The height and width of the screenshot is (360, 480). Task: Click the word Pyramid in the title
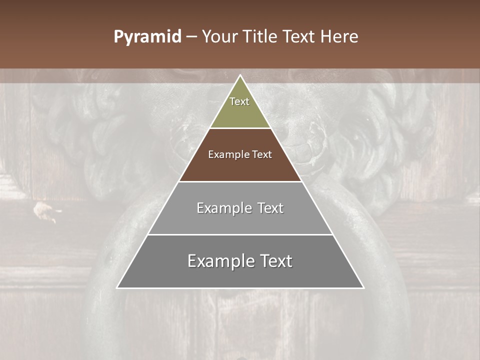click(147, 37)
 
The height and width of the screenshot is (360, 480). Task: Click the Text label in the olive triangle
click(239, 101)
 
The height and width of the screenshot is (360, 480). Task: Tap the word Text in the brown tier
click(262, 154)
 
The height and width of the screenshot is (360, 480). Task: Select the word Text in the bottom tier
click(274, 261)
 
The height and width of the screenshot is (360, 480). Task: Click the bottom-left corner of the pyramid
click(117, 287)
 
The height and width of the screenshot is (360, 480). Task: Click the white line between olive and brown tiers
click(240, 128)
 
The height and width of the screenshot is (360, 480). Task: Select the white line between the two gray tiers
click(240, 234)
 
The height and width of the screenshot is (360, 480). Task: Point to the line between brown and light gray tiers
click(240, 181)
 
